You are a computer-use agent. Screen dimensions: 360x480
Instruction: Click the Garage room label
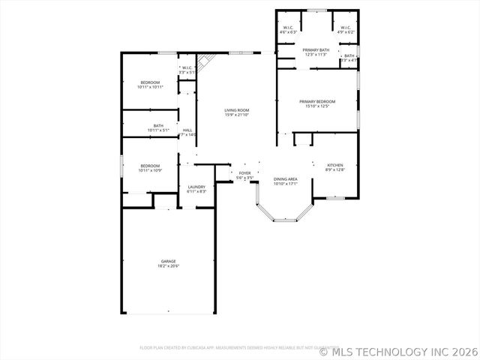pos(168,262)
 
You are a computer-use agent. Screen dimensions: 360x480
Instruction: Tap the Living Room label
pos(237,110)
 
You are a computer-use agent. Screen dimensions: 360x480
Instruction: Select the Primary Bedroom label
pos(317,101)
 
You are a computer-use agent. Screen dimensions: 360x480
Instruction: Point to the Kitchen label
pos(335,165)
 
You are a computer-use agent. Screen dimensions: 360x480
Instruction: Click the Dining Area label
pos(286,178)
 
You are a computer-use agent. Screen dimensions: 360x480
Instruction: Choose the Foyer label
pos(244,173)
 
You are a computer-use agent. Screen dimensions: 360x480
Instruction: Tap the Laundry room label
pos(196,187)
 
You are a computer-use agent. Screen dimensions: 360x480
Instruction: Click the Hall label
pos(187,130)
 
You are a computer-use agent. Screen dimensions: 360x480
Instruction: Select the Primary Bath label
pos(316,50)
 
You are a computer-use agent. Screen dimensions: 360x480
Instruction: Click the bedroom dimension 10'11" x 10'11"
pos(150,87)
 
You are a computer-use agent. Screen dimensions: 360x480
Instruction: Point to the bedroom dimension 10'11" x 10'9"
pos(150,170)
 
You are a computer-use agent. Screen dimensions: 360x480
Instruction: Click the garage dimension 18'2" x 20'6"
pos(168,266)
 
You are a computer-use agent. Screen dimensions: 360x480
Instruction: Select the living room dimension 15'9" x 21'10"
pos(237,115)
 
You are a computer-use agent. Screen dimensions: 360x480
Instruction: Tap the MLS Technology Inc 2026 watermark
pos(398,350)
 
